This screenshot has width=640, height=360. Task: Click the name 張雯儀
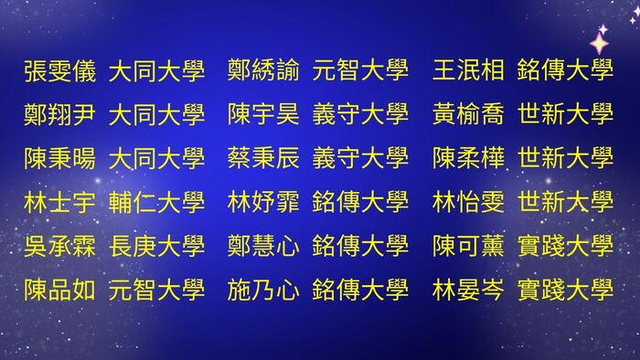click(59, 70)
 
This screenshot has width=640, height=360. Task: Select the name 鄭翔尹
click(59, 114)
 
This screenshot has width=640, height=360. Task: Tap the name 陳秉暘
click(59, 158)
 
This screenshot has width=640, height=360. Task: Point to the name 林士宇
click(59, 202)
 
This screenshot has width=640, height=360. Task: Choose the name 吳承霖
click(59, 246)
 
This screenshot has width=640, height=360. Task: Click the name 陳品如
click(59, 290)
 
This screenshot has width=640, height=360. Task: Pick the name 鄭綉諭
click(263, 70)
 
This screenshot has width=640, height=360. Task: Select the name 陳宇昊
click(263, 114)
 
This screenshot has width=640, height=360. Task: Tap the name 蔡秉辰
click(263, 158)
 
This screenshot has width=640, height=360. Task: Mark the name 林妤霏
click(263, 202)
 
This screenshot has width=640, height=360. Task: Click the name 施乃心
click(263, 290)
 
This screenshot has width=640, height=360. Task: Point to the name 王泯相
click(468, 70)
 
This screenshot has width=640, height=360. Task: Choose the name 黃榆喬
click(468, 114)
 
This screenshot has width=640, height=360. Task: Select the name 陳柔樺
click(468, 158)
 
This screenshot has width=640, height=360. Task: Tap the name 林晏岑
click(468, 290)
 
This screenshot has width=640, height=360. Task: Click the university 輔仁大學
click(156, 202)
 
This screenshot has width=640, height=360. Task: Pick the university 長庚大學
click(156, 246)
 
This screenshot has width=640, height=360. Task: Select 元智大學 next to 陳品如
click(156, 290)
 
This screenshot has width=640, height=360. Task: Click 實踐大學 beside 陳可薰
click(565, 246)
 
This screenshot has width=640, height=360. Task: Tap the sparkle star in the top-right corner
click(600, 41)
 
